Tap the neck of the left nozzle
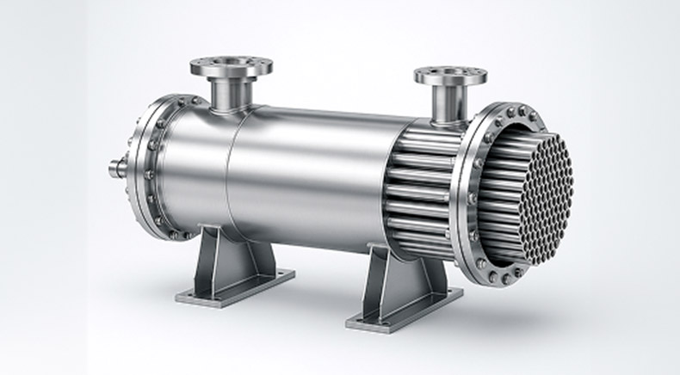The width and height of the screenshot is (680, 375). [231, 92]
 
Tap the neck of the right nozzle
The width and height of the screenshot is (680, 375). [448, 103]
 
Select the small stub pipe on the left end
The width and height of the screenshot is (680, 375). [118, 169]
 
